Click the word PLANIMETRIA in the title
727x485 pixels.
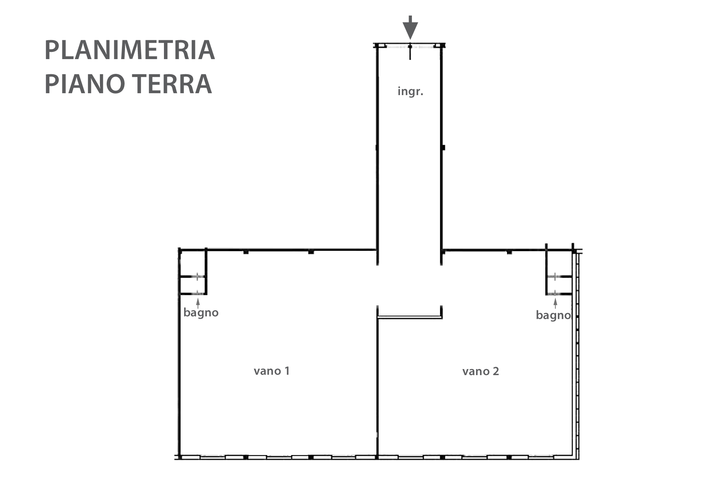(130, 50)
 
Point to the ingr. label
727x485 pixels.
(410, 92)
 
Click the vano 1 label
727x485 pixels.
(271, 371)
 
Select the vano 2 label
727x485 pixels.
(481, 371)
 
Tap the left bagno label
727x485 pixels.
(201, 313)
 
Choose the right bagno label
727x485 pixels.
(553, 315)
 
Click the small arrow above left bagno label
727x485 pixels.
(197, 303)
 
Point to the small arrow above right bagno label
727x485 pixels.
(555, 304)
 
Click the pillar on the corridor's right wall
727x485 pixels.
(443, 147)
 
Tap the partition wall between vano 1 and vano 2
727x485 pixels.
(378, 386)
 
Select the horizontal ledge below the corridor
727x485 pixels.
(410, 318)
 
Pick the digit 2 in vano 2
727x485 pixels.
(496, 371)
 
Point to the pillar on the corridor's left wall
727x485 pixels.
(377, 148)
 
